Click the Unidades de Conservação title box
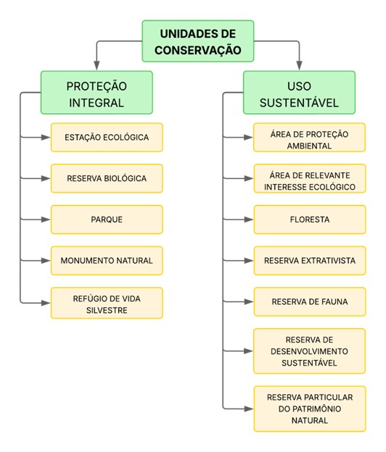[198, 41]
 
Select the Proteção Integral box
[96, 93]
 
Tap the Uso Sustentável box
[299, 93]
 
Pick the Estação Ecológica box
[107, 137]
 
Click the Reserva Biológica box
[107, 178]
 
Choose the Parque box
[107, 219]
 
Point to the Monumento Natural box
[107, 261]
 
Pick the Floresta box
[310, 219]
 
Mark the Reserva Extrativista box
[310, 261]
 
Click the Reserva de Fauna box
[310, 301]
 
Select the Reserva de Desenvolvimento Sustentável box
[310, 351]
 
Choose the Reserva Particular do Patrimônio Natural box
[310, 409]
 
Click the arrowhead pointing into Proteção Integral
[96, 66]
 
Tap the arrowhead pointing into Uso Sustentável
[300, 66]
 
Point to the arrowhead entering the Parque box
[46, 219]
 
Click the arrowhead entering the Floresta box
[249, 219]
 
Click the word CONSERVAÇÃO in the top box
[198, 50]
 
